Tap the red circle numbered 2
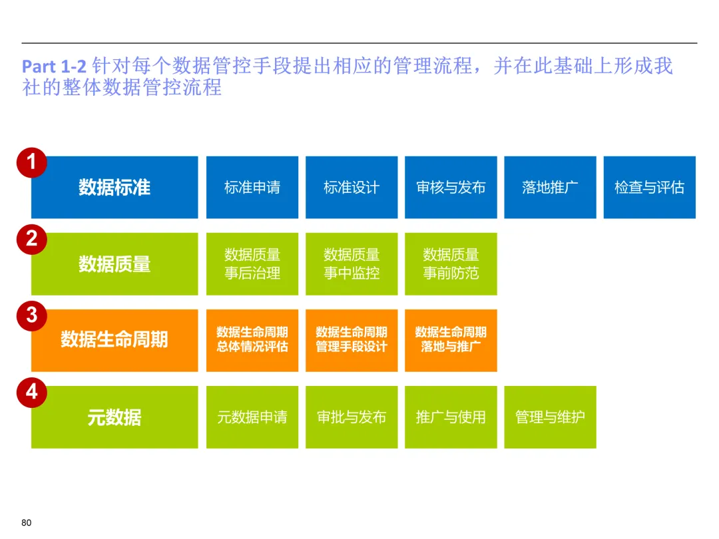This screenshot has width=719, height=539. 31,239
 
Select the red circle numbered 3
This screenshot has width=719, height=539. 31,315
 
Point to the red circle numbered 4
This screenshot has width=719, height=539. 31,392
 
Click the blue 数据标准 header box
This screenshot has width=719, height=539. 115,188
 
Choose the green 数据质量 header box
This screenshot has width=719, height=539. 115,264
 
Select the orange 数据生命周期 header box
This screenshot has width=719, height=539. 115,340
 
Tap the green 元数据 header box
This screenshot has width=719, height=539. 115,417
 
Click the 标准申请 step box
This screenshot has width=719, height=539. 252,188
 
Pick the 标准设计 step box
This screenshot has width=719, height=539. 352,188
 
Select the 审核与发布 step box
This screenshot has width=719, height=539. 451,188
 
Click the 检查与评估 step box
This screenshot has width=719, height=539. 649,188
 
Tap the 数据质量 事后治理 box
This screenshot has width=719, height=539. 252,264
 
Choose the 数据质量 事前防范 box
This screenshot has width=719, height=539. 451,264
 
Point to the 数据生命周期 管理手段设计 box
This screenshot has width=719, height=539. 352,340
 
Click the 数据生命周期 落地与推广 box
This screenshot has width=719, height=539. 451,340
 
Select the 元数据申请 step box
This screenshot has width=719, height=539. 252,417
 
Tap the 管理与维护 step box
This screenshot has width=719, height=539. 550,417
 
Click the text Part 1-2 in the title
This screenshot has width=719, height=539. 55,67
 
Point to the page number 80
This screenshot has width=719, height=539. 27,522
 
